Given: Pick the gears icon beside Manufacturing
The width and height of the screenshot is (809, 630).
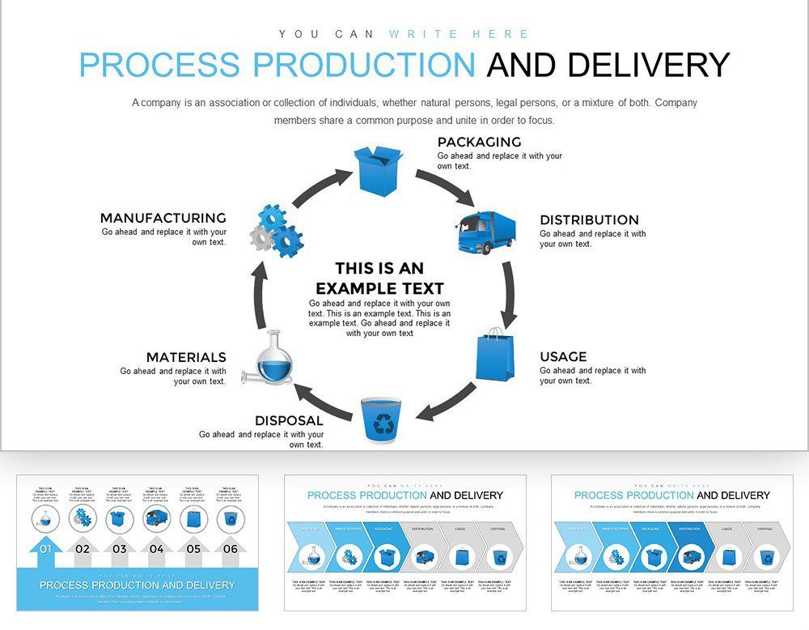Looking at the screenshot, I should pos(276,231).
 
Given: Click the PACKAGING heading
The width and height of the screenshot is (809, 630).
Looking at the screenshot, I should pos(479,143).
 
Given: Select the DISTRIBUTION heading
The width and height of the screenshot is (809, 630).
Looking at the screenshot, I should pos(589,220).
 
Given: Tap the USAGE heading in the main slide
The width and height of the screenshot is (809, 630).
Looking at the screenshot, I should pos(563,357).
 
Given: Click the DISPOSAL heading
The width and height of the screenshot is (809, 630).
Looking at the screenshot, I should pos(289,421).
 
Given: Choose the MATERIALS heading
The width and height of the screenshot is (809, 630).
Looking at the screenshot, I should pos(186,358).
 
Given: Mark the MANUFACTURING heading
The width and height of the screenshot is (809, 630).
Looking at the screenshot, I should pos(163,219).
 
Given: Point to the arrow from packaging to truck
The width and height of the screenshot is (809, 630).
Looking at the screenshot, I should pos(446,187).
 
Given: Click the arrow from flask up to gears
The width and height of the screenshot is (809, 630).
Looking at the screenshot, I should pos(260,296).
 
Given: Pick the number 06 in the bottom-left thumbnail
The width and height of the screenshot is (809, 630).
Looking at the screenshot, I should pos(231,549).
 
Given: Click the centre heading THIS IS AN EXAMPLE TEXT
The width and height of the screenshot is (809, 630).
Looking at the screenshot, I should pos(379,278).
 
